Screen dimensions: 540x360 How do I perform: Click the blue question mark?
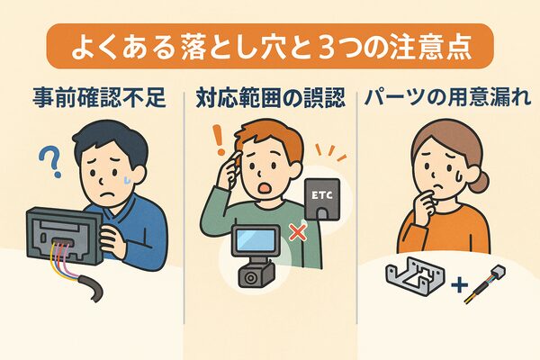tap(51, 160)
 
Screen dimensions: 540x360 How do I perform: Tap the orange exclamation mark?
tap(219, 139)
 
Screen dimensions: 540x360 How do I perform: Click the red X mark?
tap(298, 231)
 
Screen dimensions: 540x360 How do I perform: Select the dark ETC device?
tap(322, 199)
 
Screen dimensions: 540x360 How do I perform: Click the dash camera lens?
tap(249, 276)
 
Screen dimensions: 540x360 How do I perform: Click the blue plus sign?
tap(459, 285)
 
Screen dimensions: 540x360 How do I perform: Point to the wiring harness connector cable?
tap(484, 284)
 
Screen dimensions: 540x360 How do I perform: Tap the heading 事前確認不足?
tap(100, 98)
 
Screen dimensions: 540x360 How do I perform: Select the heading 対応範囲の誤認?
tap(270, 98)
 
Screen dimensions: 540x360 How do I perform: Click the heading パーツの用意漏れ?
tap(447, 97)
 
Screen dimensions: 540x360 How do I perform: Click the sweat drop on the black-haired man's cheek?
tap(128, 179)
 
